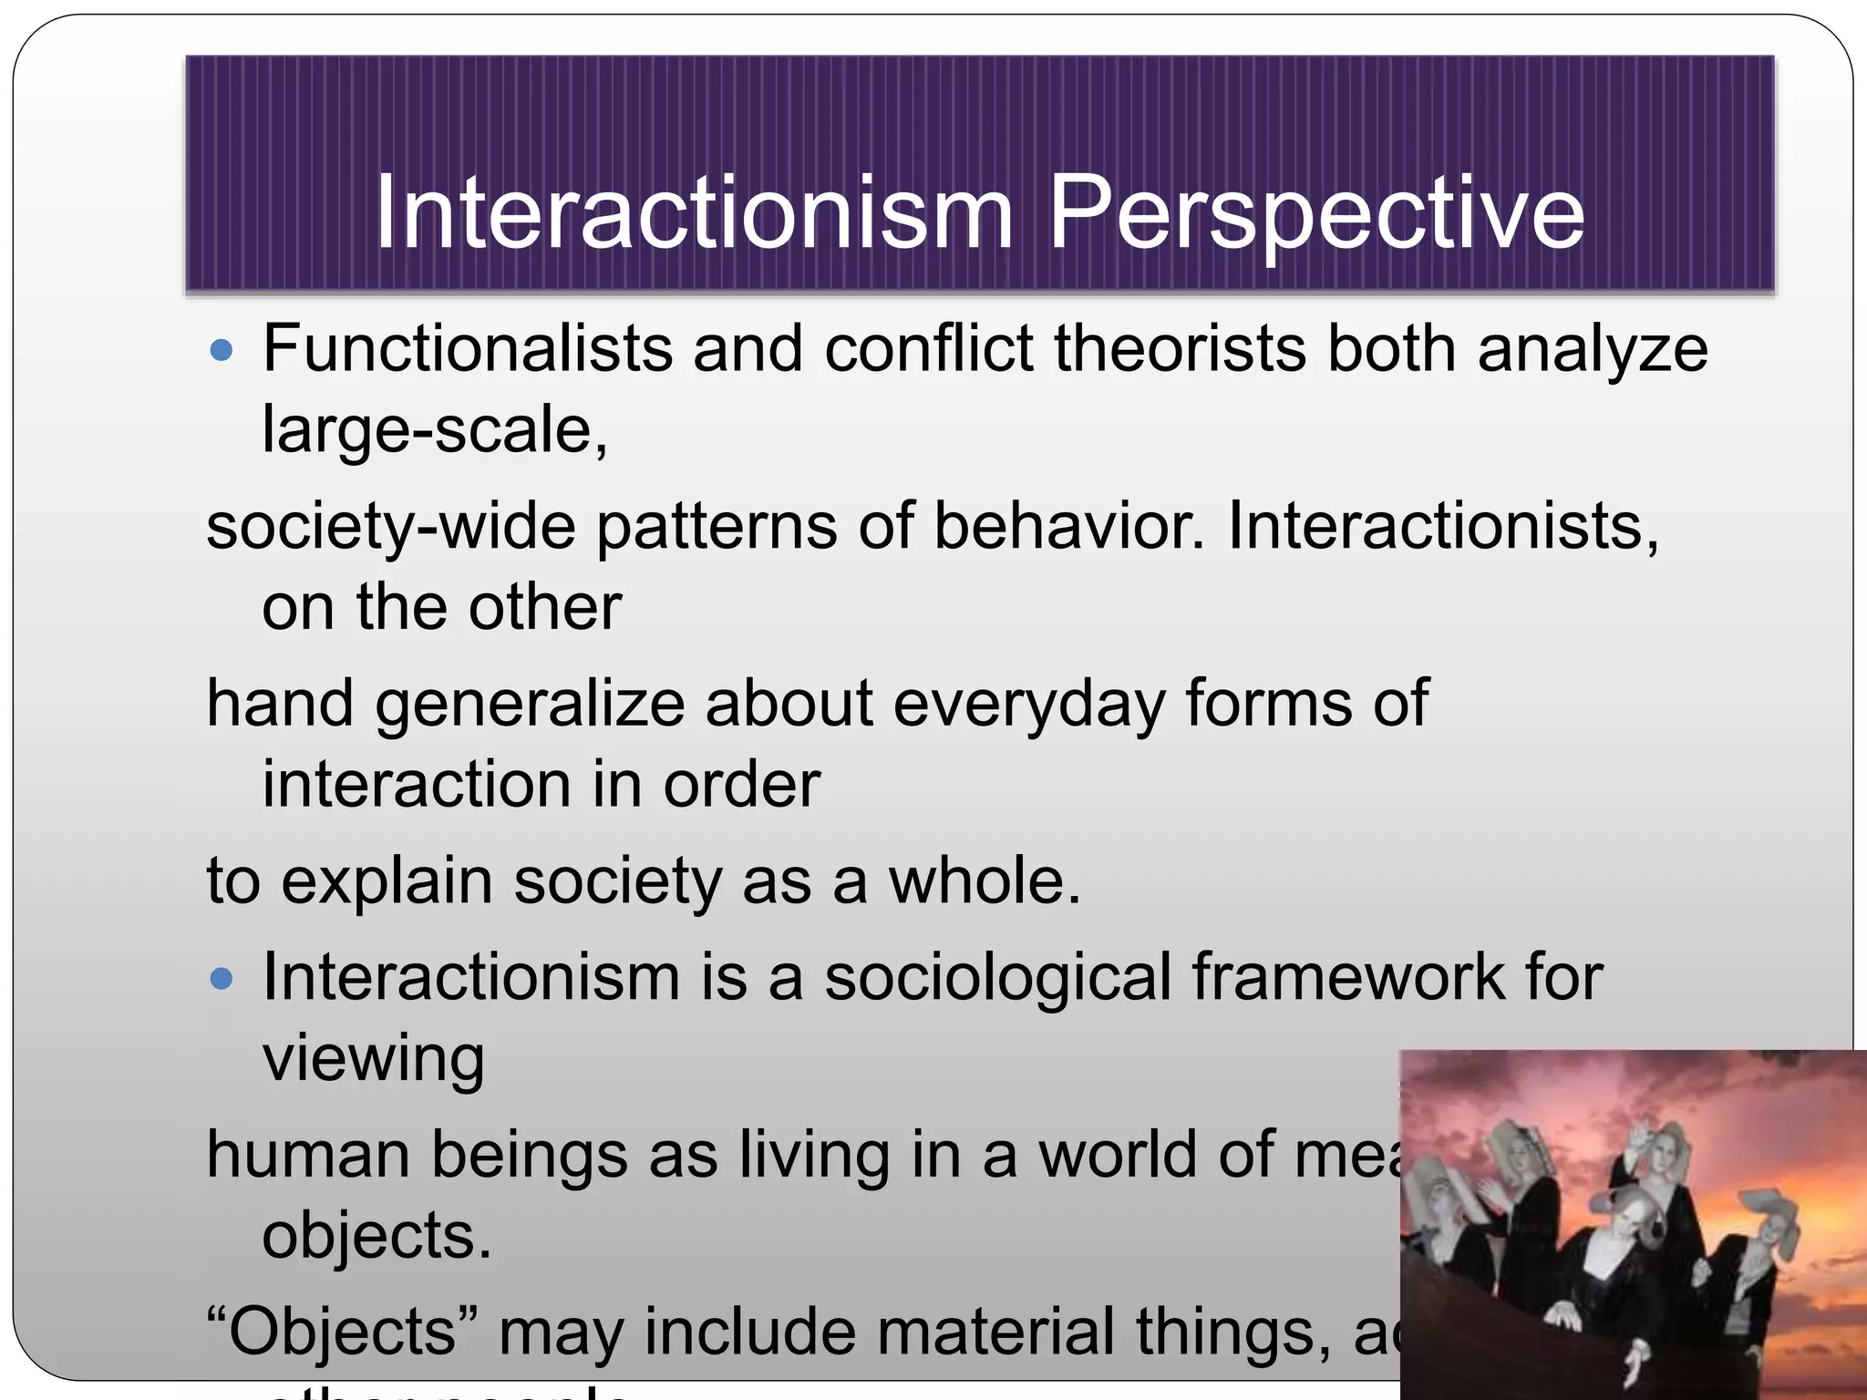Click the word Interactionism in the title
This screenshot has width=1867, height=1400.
point(694,213)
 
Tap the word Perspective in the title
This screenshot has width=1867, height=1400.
point(1316,213)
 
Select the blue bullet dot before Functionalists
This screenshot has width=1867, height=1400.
point(222,350)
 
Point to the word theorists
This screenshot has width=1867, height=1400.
point(1180,349)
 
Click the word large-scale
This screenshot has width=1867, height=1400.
point(434,430)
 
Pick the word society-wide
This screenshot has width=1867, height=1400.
point(391,527)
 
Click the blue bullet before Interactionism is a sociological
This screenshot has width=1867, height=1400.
point(222,979)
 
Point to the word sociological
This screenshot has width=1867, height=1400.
point(997,978)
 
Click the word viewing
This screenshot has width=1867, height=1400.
point(374,1059)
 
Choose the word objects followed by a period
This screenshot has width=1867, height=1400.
point(376,1237)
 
